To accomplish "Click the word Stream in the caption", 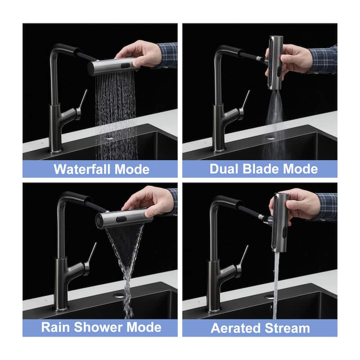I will [x=289, y=328].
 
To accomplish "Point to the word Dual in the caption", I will [x=226, y=169].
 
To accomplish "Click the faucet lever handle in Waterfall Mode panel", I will [x=83, y=99].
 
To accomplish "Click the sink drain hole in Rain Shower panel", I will [x=119, y=296].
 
